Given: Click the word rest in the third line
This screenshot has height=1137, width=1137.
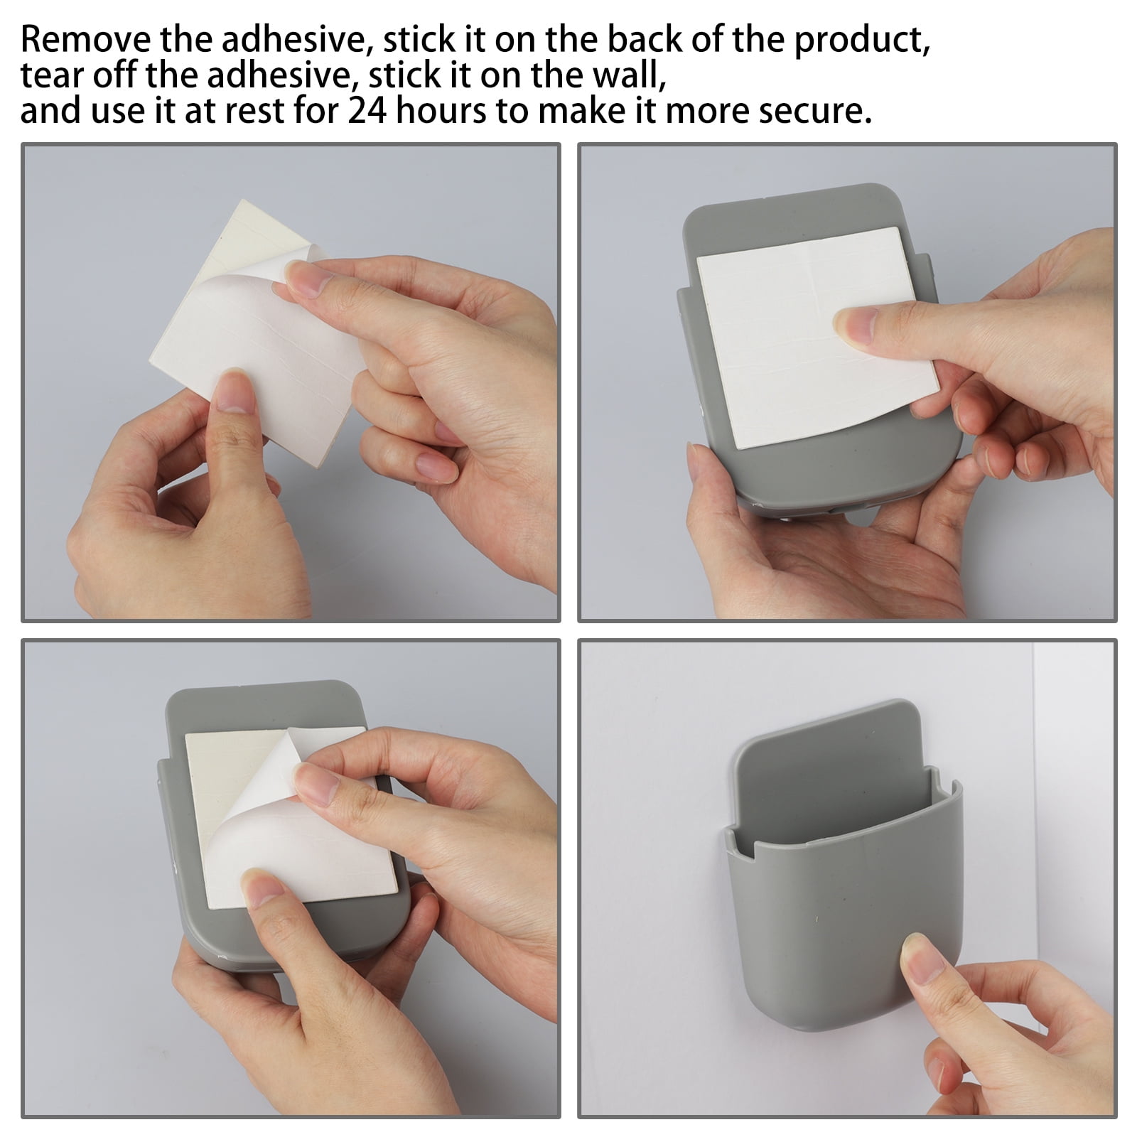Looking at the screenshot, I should click(x=270, y=111).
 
